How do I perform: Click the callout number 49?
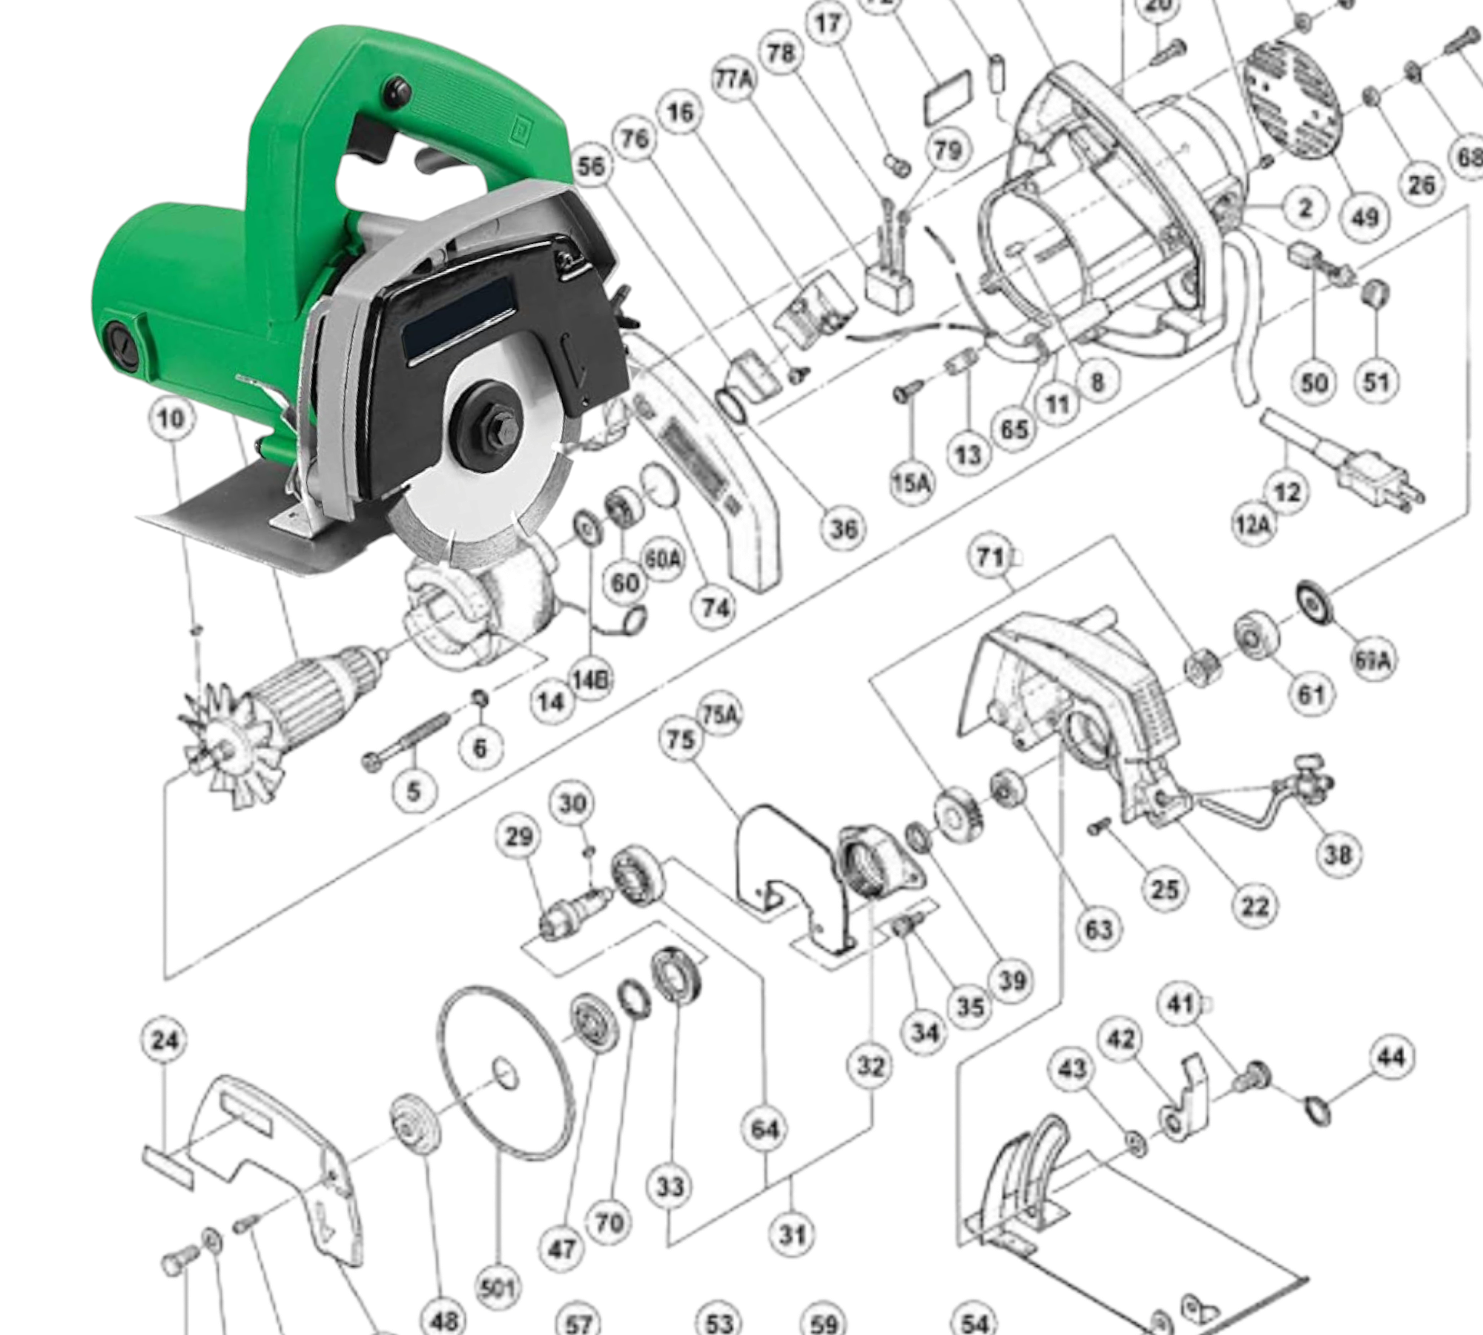(x=1365, y=217)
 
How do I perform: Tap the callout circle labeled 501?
(x=497, y=1288)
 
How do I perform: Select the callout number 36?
(x=843, y=529)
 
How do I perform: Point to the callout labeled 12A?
(x=1252, y=525)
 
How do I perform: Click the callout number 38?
(x=1338, y=854)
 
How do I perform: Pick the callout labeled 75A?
(x=721, y=715)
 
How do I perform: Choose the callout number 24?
(x=165, y=1041)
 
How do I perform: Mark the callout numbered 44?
(x=1390, y=1057)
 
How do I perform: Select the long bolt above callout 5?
(x=408, y=741)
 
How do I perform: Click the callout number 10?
(x=171, y=419)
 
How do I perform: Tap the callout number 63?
(x=1098, y=929)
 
